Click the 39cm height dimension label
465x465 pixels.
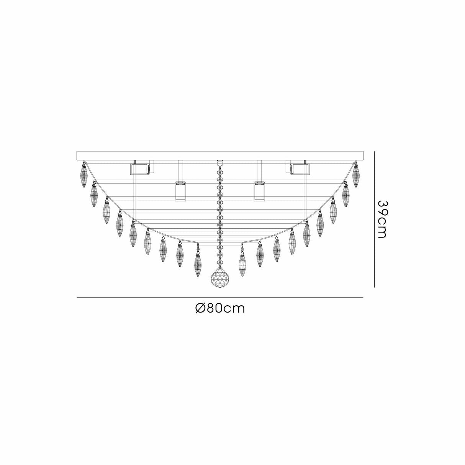(x=382, y=219)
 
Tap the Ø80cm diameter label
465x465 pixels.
(x=219, y=308)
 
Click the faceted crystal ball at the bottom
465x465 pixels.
(x=219, y=276)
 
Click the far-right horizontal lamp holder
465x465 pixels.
(x=300, y=169)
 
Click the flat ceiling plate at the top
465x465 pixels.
(x=219, y=156)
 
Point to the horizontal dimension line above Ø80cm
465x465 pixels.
(x=219, y=298)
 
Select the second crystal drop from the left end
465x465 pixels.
(x=94, y=195)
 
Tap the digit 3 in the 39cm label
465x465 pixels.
(x=382, y=204)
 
